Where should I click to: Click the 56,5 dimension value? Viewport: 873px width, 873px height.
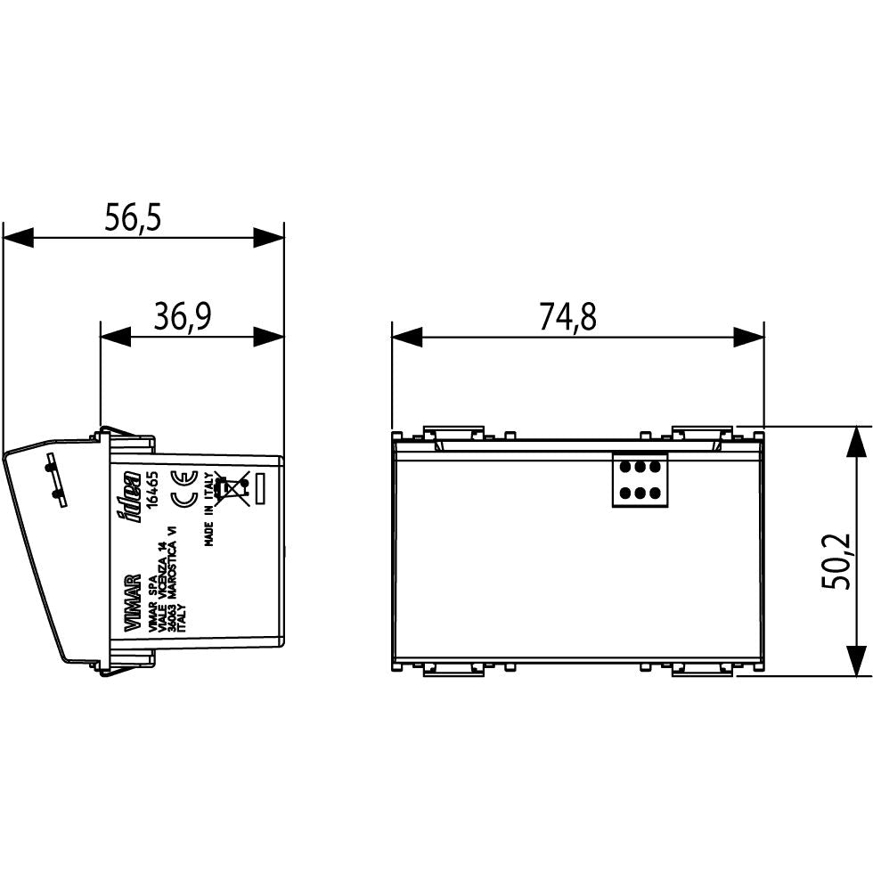click(133, 217)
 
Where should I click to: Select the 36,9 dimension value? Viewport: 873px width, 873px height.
click(182, 315)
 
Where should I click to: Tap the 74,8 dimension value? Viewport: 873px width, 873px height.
click(568, 316)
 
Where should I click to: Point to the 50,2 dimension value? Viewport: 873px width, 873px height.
click(836, 561)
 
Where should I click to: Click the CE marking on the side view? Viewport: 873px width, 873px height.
click(184, 489)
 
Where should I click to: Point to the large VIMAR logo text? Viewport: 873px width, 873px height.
click(132, 603)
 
